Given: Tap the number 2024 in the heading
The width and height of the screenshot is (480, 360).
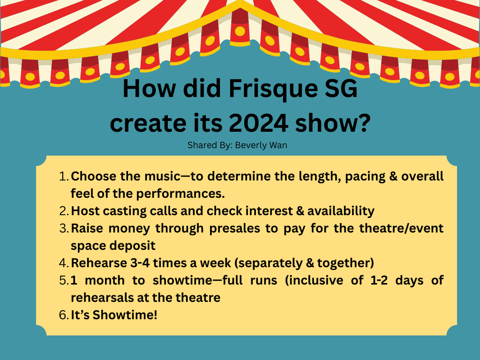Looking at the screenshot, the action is [x=258, y=123].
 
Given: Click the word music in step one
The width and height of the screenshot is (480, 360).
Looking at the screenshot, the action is [x=162, y=176].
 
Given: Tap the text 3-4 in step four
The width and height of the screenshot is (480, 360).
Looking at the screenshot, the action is [x=140, y=263].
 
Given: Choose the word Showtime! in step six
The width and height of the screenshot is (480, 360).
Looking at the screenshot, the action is [x=125, y=315].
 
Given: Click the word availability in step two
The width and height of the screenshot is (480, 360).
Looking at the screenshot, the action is [x=341, y=211].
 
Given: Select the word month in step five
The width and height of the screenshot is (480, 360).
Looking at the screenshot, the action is [x=105, y=280].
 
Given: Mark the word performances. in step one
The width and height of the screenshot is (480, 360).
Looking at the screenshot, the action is [x=180, y=194].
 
